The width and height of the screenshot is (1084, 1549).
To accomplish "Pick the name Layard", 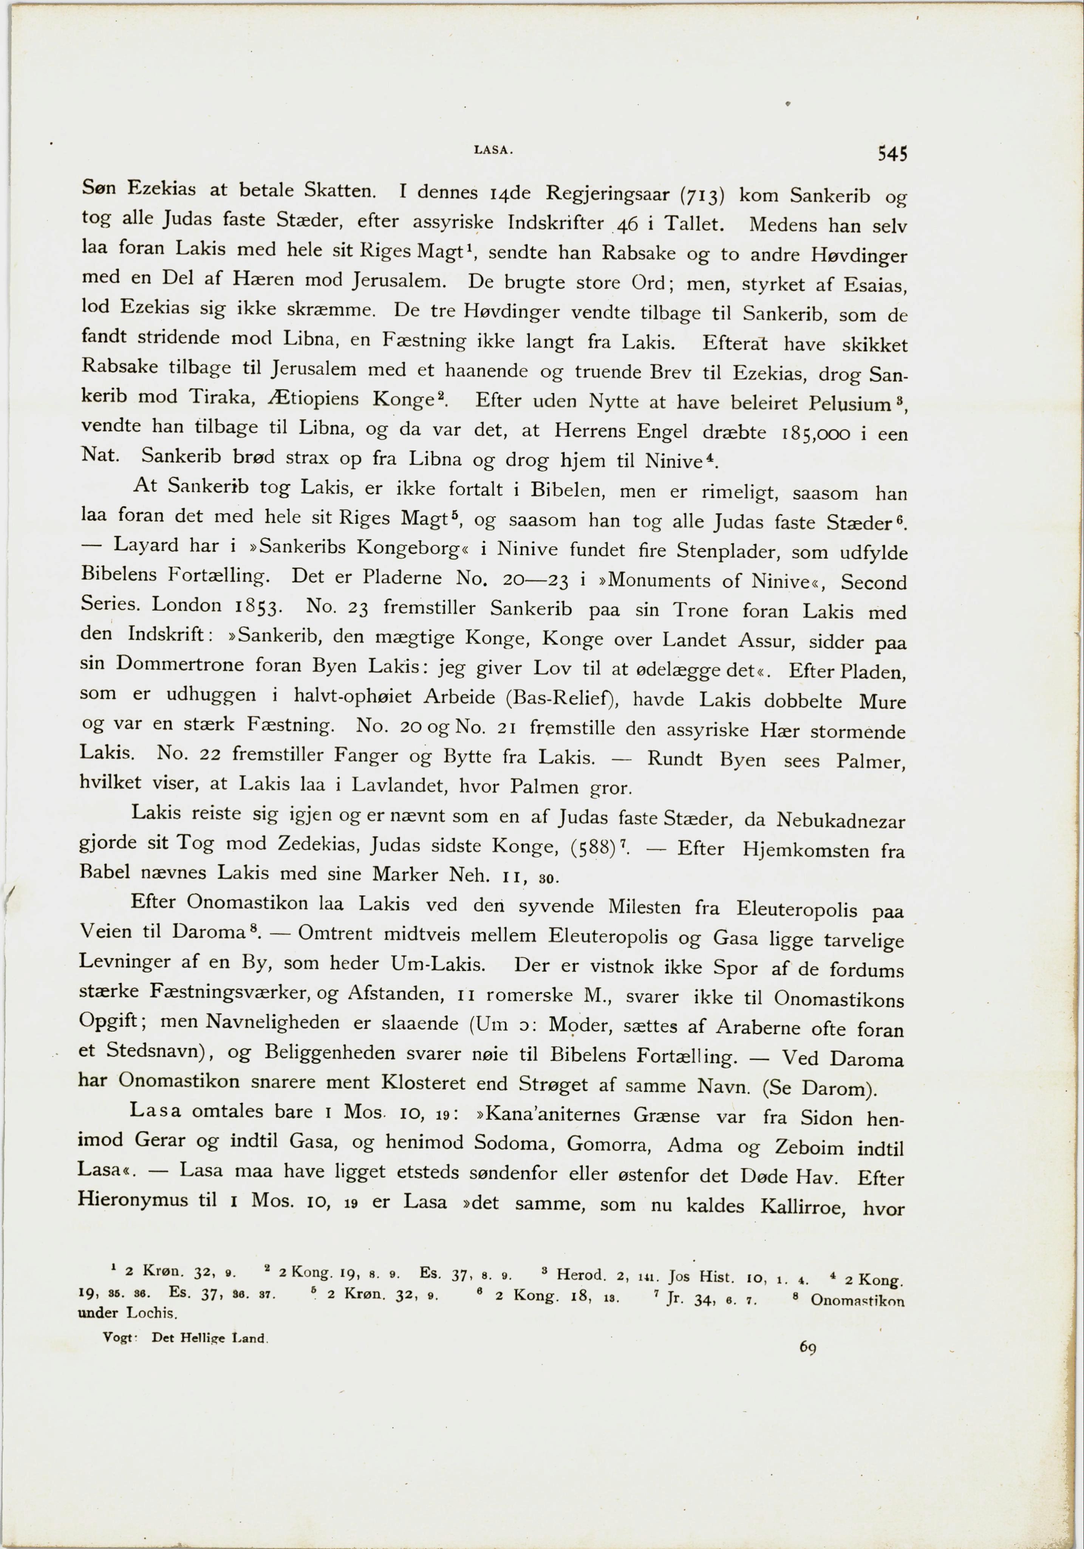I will [146, 544].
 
